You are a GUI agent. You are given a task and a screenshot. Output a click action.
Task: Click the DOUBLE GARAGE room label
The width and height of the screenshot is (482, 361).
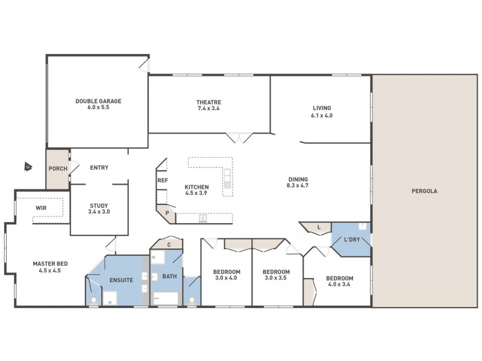[98, 102]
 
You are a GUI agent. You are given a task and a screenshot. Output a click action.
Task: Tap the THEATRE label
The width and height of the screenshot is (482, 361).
[208, 102]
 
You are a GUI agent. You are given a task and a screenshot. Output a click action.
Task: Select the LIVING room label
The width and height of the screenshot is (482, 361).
[321, 108]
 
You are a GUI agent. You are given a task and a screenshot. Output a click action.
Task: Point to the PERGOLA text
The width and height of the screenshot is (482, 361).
[425, 191]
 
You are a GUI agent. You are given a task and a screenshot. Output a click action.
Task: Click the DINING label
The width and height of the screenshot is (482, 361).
[298, 179]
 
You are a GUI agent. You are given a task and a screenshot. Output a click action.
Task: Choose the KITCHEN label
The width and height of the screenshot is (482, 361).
[196, 187]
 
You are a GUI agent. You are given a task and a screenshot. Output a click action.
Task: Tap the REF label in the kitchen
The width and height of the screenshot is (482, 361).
[161, 180]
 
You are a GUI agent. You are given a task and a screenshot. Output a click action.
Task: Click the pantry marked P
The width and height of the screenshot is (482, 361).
[167, 212]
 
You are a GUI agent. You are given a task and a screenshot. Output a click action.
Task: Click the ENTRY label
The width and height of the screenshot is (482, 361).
[99, 168]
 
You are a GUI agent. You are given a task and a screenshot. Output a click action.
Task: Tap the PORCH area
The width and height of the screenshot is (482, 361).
[58, 169]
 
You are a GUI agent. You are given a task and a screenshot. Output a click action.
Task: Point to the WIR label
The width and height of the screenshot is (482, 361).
[41, 208]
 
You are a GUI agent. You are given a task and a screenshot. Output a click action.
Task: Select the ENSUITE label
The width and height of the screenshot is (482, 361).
[121, 280]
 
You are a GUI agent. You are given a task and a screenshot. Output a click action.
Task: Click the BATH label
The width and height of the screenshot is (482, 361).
[169, 276]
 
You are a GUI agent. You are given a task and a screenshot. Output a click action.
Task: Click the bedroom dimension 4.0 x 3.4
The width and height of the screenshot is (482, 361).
[339, 286]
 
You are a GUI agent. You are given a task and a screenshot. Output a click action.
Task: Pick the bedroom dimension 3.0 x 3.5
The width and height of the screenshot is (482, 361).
[277, 279]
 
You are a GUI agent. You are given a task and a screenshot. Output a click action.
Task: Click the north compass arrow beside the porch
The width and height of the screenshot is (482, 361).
[27, 167]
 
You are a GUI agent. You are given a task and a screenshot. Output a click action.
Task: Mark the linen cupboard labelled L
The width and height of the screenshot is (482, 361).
[319, 227]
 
